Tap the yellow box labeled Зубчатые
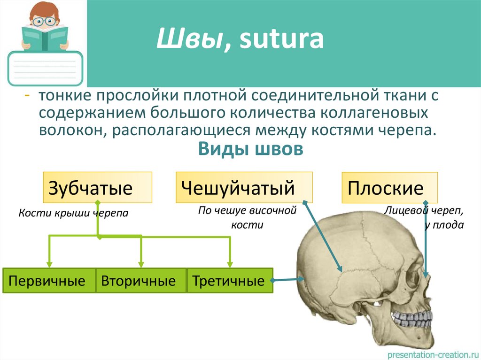pos(97,187)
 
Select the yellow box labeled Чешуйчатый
pos(244,187)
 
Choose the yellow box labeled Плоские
pos(389,188)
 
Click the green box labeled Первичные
pos(49,281)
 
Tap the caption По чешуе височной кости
pos(247,218)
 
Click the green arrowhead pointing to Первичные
pos(49,263)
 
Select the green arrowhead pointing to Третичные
pos(230,263)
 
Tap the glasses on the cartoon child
pos(46,21)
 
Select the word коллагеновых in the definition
pos(380,113)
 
